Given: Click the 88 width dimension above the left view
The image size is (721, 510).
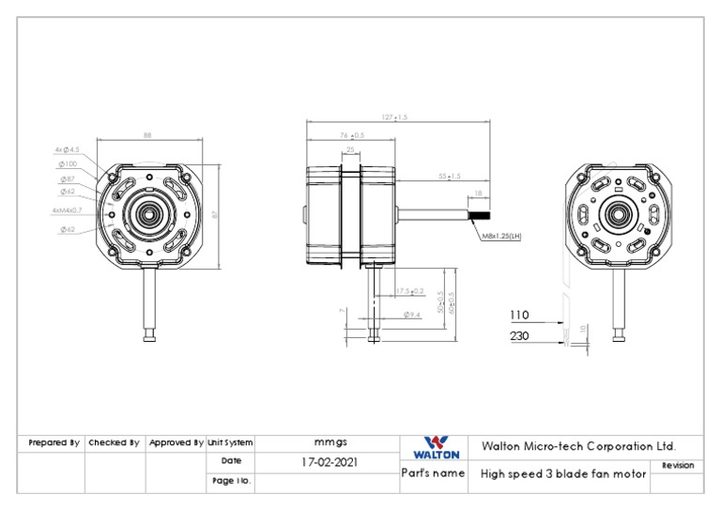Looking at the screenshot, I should [147, 136].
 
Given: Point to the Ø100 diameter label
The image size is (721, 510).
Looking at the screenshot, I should [68, 163].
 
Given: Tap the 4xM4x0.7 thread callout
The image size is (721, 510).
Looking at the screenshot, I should [67, 210].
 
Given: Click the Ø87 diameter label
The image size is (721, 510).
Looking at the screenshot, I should [68, 178].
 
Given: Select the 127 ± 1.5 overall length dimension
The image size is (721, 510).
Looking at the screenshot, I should [395, 117].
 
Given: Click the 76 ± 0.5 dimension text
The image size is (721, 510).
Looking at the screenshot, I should [352, 135].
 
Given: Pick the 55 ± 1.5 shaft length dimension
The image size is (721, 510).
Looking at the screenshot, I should [450, 176].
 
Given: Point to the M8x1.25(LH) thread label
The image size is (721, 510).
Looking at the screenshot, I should [500, 237].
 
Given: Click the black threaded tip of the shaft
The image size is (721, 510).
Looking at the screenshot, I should [478, 215].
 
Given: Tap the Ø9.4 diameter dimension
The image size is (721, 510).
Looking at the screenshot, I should [411, 315].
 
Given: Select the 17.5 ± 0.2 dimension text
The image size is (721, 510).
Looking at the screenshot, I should [409, 291].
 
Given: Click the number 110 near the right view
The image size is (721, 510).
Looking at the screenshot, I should [519, 315].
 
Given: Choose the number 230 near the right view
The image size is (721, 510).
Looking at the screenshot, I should [519, 335].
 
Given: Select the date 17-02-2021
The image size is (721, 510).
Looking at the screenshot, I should [329, 462].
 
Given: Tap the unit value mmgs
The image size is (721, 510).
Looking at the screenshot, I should [329, 442].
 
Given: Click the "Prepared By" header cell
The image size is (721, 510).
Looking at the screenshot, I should [54, 442].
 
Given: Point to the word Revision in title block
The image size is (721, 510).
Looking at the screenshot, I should [678, 465].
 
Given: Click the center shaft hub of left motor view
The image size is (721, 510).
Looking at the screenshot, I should [149, 213].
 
